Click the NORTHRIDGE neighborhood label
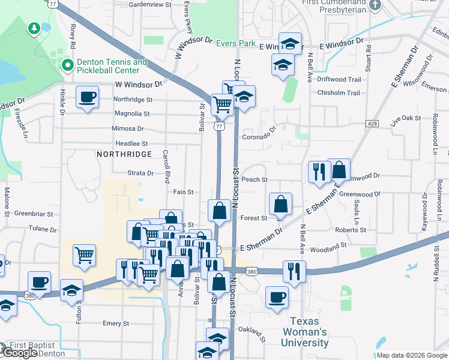coord(124,154)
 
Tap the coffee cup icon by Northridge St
coord(88,97)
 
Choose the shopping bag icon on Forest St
coord(280,204)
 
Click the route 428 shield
coord(373,124)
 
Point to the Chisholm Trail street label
coord(339,93)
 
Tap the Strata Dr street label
coord(142,173)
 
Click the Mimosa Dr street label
coord(128,128)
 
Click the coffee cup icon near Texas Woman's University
coord(277,297)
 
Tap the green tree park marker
coord(34,28)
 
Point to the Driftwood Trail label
coord(339,79)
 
